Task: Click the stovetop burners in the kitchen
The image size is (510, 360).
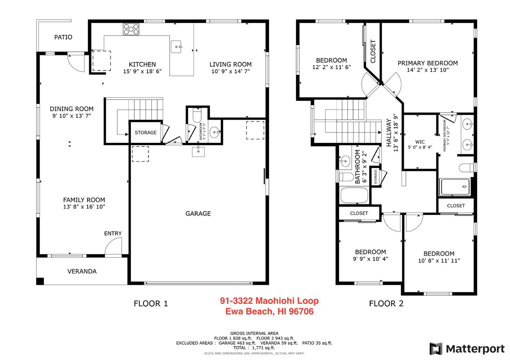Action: click(x=131, y=29)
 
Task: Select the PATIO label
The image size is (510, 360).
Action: click(x=63, y=37)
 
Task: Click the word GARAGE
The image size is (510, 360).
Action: click(x=198, y=213)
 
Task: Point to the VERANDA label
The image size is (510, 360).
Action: click(x=82, y=271)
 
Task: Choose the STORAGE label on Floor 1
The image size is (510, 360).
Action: click(x=146, y=133)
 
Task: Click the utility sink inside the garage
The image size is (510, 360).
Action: click(x=198, y=152)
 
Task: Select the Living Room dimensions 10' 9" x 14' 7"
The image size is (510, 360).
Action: click(x=231, y=71)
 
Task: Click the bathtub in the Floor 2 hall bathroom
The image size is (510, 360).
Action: click(x=354, y=195)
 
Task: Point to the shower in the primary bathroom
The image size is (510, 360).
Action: click(x=455, y=187)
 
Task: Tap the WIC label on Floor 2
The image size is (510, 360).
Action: click(x=420, y=142)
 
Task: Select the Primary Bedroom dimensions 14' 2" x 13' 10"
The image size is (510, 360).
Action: click(x=428, y=70)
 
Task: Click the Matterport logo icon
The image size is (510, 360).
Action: click(x=436, y=349)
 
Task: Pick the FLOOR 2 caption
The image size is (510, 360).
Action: click(x=386, y=303)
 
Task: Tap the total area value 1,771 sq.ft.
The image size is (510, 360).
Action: click(x=263, y=348)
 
